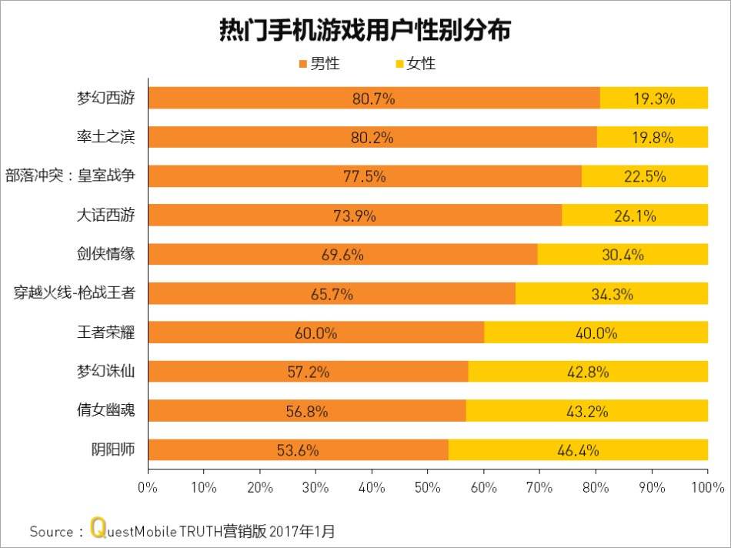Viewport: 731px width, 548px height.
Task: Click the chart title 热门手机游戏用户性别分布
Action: [x=365, y=30]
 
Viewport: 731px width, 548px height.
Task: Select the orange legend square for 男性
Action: [x=302, y=64]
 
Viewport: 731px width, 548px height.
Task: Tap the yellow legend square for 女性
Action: [x=399, y=64]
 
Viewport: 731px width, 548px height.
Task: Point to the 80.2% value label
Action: [x=372, y=138]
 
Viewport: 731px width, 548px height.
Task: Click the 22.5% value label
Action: [x=644, y=177]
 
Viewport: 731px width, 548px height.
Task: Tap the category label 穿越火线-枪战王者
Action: [x=75, y=293]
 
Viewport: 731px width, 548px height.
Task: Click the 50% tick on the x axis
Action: [x=428, y=487]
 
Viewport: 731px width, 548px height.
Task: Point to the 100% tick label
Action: [x=708, y=487]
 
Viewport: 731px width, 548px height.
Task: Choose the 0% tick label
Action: [x=147, y=487]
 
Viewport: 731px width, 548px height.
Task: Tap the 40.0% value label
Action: [x=596, y=333]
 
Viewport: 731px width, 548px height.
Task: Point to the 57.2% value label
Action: [x=308, y=373]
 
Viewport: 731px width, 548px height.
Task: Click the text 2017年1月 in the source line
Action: [x=305, y=531]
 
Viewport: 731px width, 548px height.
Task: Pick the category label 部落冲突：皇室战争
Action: [x=75, y=176]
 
